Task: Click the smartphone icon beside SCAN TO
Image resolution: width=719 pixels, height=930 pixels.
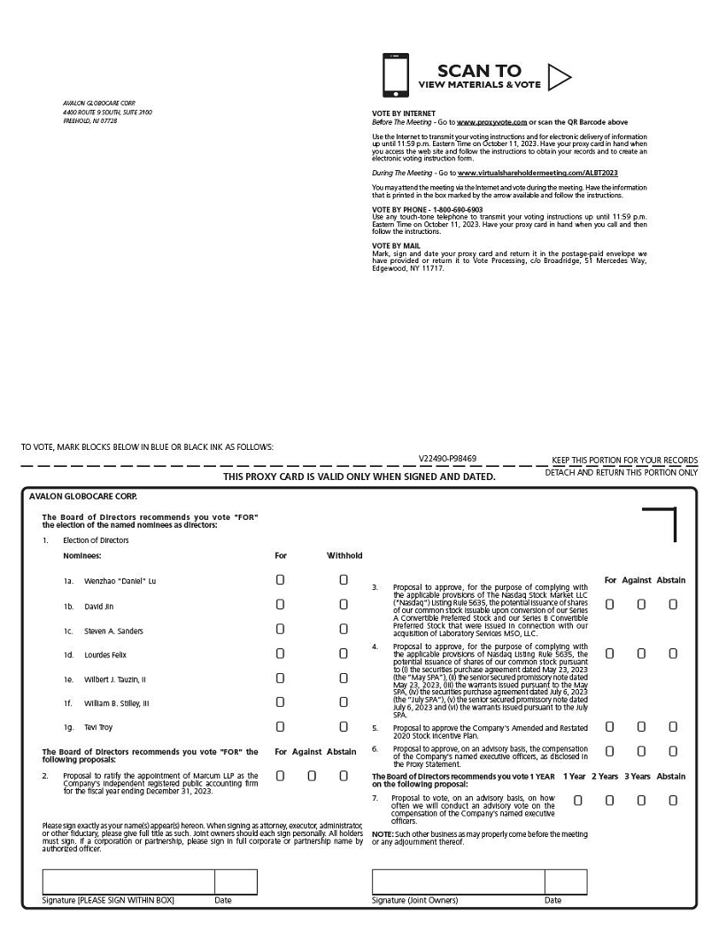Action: coord(396,75)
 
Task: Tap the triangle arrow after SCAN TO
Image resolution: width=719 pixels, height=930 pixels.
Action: coord(558,78)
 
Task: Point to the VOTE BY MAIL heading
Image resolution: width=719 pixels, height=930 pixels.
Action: coord(396,245)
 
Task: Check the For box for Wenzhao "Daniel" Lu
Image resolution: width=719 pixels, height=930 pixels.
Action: coord(281,580)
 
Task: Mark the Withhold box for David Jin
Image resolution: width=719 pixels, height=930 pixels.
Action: coord(344,605)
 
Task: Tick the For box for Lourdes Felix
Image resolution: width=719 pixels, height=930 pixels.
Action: coord(281,654)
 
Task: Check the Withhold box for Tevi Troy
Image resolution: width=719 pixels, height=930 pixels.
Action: coord(344,727)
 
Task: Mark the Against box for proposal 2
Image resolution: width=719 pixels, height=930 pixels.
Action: coord(312,776)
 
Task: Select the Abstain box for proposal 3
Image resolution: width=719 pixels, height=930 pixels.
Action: coord(673,604)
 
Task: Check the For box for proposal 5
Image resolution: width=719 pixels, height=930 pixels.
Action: coord(609,727)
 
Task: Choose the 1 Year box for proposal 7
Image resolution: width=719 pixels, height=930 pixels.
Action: coord(577,801)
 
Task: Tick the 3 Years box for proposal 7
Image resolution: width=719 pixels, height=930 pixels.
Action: coord(641,801)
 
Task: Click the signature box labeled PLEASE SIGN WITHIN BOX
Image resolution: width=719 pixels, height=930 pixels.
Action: coord(128,882)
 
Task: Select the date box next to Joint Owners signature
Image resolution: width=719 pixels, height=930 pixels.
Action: coord(566,882)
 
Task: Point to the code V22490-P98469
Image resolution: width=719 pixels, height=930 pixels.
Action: coord(447,459)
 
